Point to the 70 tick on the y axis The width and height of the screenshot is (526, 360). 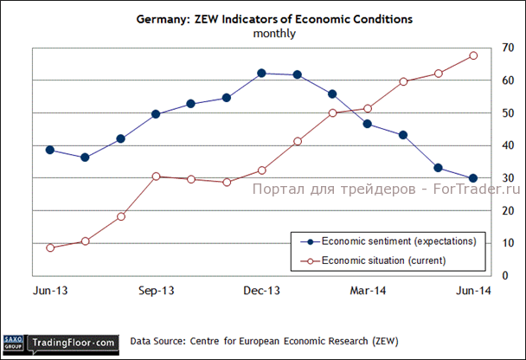(496, 48)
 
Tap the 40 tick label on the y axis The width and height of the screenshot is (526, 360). (496, 145)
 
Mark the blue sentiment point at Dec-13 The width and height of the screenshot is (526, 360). (262, 74)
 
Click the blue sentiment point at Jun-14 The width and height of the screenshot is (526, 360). (473, 178)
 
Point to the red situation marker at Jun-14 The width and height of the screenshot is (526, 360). (473, 55)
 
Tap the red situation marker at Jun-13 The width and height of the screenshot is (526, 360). (50, 247)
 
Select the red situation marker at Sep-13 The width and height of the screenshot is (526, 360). (157, 176)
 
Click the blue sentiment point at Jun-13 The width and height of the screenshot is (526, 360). (50, 150)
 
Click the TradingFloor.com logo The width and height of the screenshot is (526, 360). (73, 344)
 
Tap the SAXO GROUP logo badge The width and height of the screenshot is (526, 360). (13, 344)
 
